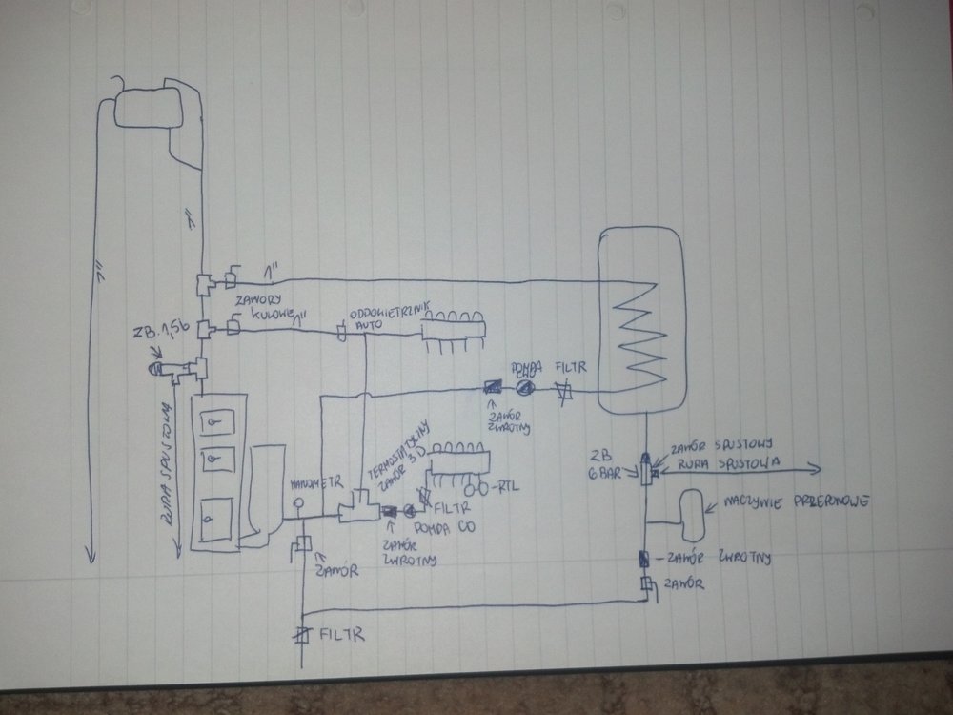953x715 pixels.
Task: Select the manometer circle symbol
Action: (x=296, y=503)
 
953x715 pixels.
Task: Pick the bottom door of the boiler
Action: (x=211, y=520)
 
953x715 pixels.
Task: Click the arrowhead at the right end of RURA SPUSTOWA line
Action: (x=819, y=467)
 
